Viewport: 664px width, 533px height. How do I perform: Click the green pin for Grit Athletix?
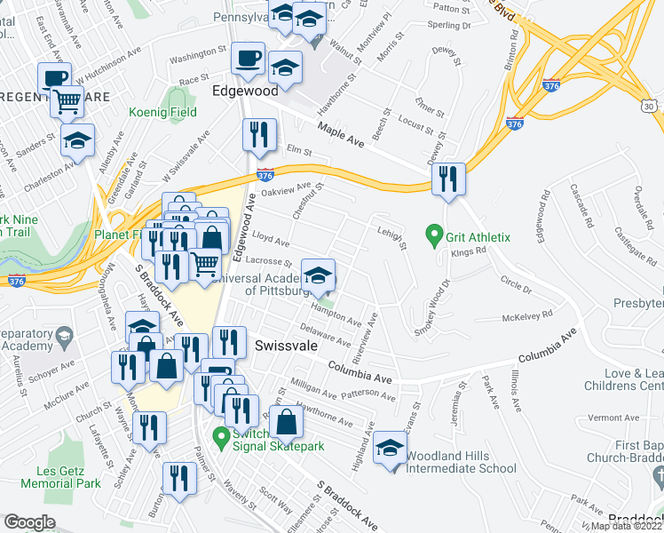point(434,236)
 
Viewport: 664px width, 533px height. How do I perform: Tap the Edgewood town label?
point(246,91)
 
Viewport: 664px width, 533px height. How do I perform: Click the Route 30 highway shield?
point(651,107)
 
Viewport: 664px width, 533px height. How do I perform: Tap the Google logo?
point(30,522)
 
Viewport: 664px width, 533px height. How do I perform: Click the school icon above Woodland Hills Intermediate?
point(389,448)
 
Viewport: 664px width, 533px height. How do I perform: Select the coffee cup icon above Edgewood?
point(246,59)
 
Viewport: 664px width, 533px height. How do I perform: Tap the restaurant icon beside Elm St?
point(256,134)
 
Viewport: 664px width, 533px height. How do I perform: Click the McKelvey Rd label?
point(527,314)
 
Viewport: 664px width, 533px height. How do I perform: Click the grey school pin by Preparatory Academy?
point(65,337)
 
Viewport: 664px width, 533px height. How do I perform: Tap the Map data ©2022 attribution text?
point(626,526)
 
